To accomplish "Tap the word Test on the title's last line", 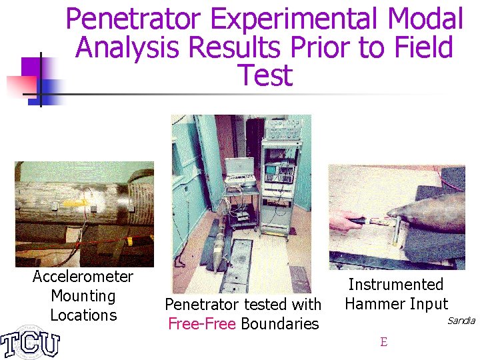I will pyautogui.click(x=264, y=75).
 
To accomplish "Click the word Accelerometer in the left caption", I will pyautogui.click(x=83, y=277).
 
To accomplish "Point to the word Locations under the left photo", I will pyautogui.click(x=83, y=315).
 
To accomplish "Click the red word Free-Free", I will pyautogui.click(x=202, y=324).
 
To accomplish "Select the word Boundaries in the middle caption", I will pyautogui.click(x=280, y=324).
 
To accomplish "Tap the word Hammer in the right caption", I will pyautogui.click(x=371, y=304).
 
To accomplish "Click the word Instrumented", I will pyautogui.click(x=395, y=285).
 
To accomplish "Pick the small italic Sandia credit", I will pyautogui.click(x=461, y=321).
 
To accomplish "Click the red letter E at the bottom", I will pyautogui.click(x=383, y=343).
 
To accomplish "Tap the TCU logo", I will pyautogui.click(x=30, y=341).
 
